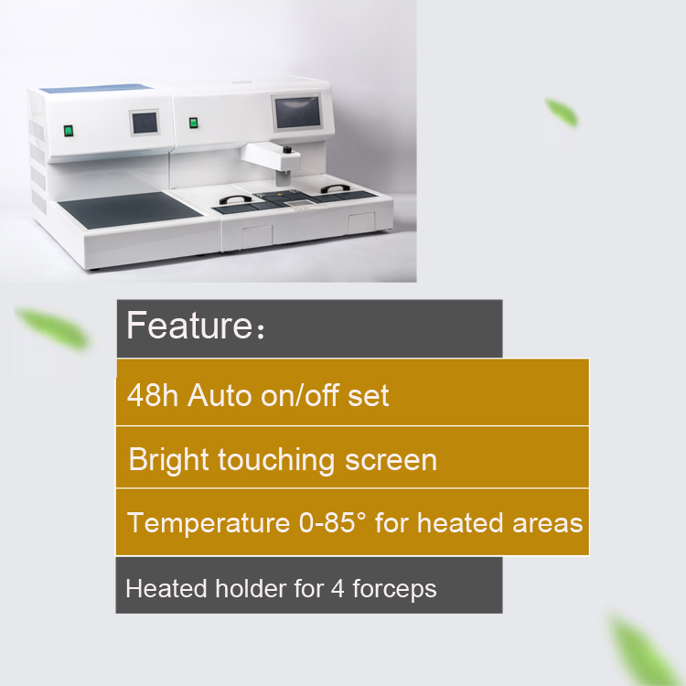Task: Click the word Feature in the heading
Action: point(189,325)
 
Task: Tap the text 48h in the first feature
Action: point(152,395)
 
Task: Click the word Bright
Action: point(168,460)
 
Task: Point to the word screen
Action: point(391,461)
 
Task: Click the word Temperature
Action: point(209,523)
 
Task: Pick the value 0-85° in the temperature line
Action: point(332,523)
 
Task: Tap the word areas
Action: point(547,524)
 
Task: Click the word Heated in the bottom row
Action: point(166,588)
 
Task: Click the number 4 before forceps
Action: point(338,589)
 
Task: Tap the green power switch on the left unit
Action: point(69,131)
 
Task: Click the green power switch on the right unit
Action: point(193,123)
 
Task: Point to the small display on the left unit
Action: point(145,123)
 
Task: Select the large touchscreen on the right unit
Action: point(297,113)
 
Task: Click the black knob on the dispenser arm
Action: point(287,150)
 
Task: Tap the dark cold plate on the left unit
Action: point(131,210)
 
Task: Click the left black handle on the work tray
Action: point(235,200)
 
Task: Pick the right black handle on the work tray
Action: point(335,188)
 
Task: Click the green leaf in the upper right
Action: point(562,113)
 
